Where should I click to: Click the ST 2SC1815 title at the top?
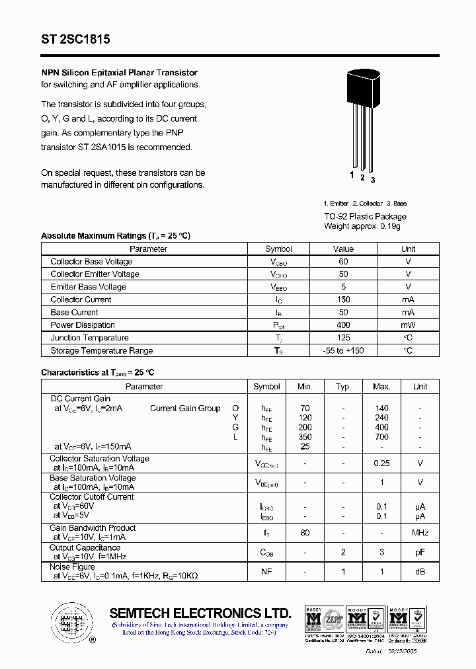pos(75,40)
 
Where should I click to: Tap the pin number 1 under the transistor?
pos(352,175)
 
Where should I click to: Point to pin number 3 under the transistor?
pos(373,179)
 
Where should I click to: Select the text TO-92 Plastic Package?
pos(365,216)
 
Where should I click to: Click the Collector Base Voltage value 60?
pos(343,262)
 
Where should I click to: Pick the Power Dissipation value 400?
pos(343,325)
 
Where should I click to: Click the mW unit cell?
pos(408,325)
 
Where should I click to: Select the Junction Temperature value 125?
pos(343,338)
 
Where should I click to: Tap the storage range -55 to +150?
pos(343,350)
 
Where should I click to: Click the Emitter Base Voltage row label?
pos(88,287)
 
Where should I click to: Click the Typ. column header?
pos(343,387)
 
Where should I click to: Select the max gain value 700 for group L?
pos(381,437)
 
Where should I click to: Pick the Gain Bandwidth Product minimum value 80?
pos(305,533)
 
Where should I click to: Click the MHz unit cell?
pos(420,533)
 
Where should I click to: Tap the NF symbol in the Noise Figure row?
pos(266,571)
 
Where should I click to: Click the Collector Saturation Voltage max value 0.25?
pos(381,463)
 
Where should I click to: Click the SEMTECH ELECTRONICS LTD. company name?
pos(200,613)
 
